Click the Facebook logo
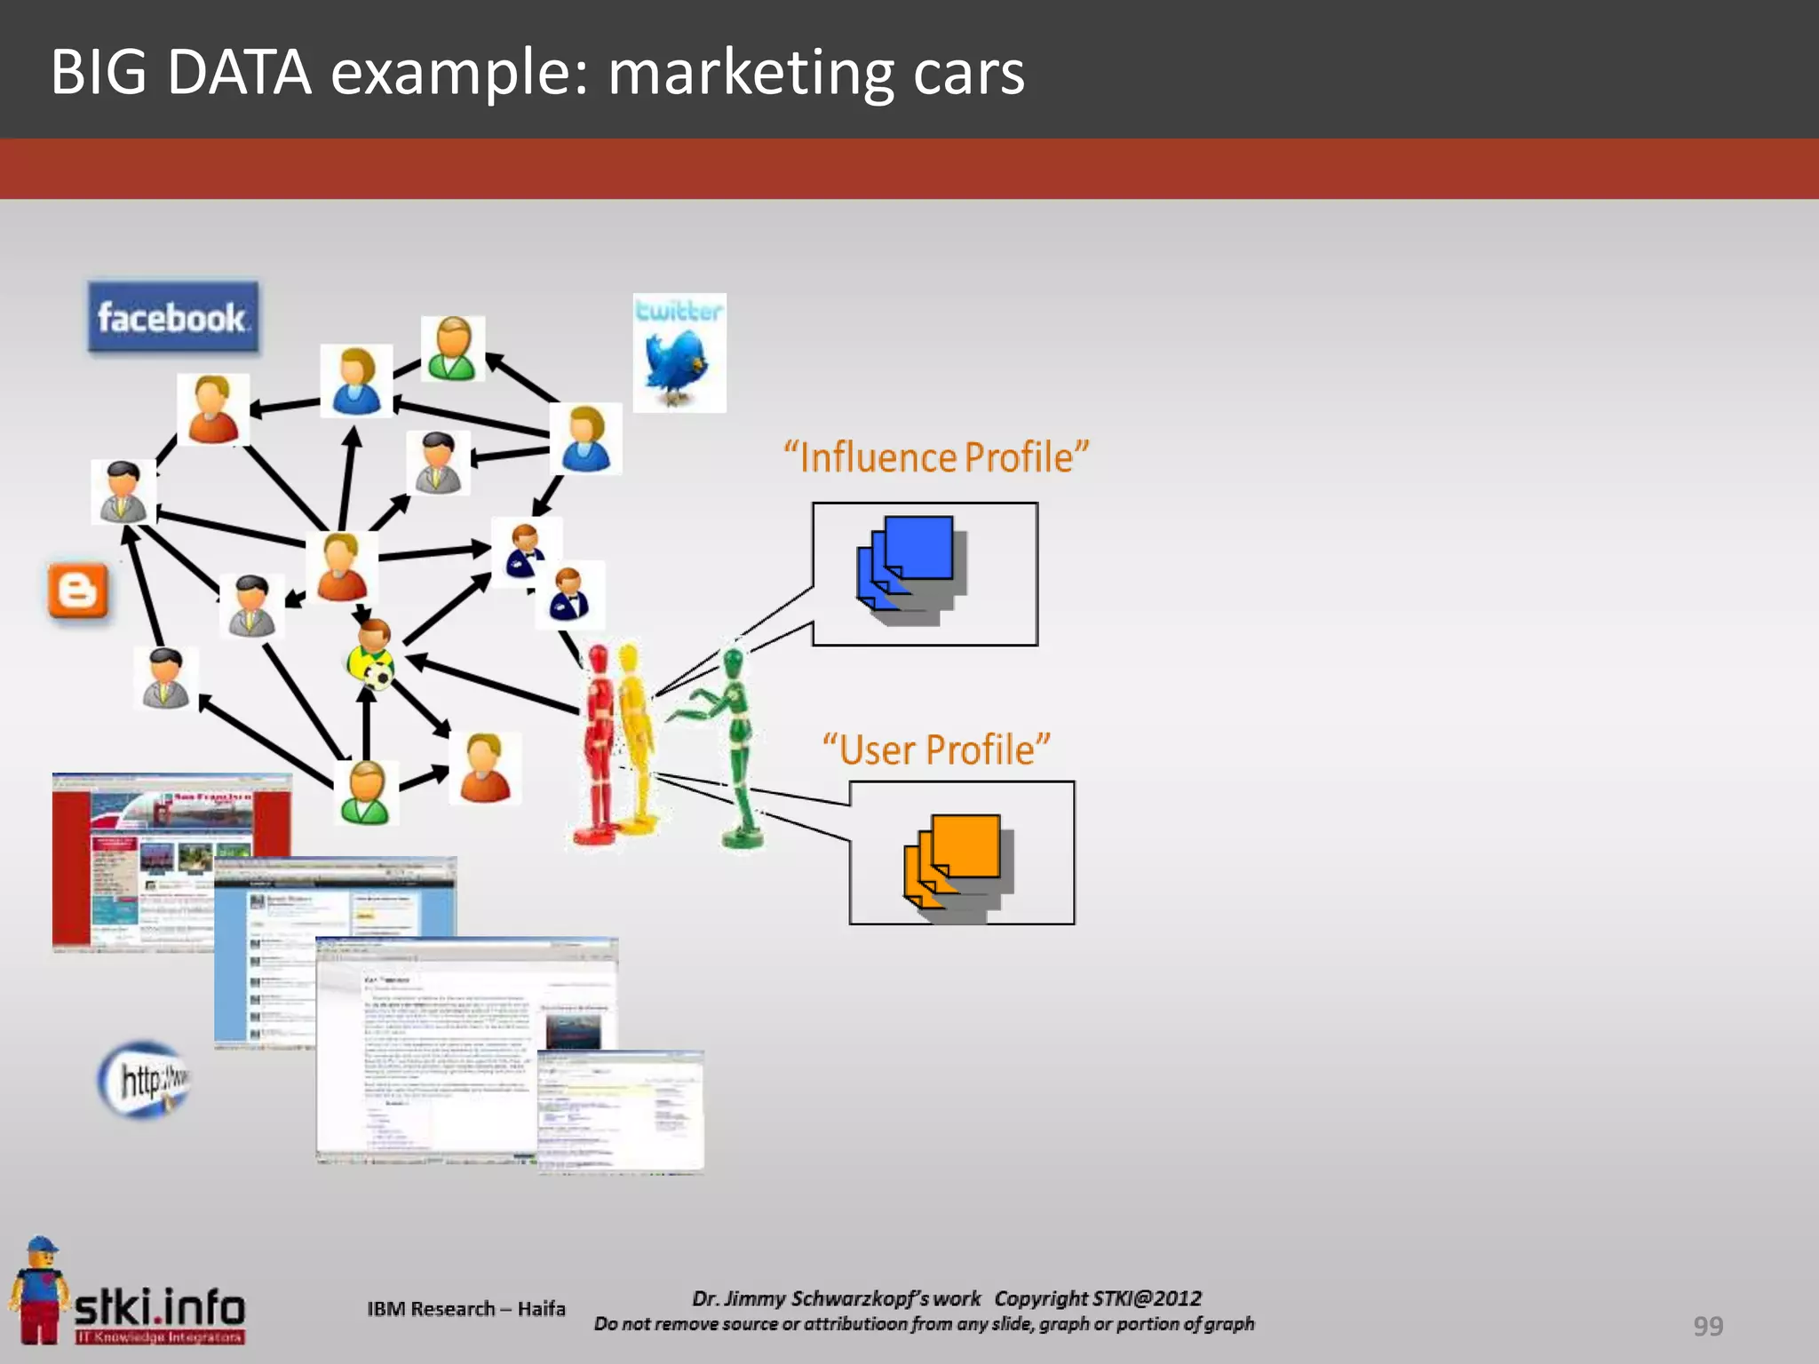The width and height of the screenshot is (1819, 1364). pyautogui.click(x=173, y=318)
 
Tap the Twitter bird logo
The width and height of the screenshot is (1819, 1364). pyautogui.click(x=679, y=353)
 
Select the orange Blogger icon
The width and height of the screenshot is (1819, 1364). pyautogui.click(x=78, y=591)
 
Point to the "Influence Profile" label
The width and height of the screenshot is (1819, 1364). pyautogui.click(x=936, y=457)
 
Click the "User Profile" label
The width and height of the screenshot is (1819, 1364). pyautogui.click(x=936, y=749)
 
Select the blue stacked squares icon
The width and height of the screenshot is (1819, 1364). pyautogui.click(x=911, y=568)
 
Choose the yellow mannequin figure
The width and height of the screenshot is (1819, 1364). pyautogui.click(x=632, y=737)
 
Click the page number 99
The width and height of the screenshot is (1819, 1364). pyautogui.click(x=1707, y=1326)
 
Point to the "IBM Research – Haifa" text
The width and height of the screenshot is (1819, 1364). pyautogui.click(x=466, y=1309)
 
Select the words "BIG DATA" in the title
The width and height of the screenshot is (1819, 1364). pyautogui.click(x=181, y=73)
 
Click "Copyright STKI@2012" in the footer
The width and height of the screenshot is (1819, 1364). pyautogui.click(x=1098, y=1298)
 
